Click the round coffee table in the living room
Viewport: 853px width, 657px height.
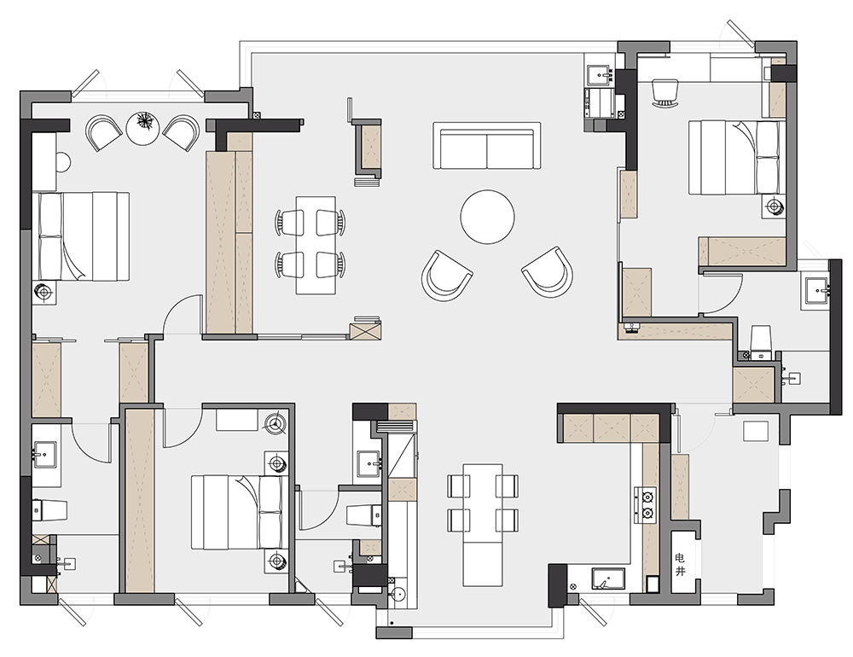tap(487, 217)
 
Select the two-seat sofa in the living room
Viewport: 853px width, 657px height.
tap(486, 146)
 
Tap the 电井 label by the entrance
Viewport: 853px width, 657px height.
tap(680, 565)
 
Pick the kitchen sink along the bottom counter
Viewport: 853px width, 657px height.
tap(608, 579)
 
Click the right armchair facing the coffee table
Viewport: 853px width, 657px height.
tap(548, 271)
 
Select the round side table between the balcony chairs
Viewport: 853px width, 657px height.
tap(144, 129)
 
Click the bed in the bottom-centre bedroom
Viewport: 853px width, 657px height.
tap(237, 512)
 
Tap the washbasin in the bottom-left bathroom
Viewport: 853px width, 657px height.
tap(44, 455)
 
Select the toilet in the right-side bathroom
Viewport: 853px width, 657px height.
tap(761, 341)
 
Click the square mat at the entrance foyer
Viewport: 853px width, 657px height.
tap(756, 431)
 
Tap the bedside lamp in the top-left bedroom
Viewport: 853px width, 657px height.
tap(44, 293)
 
